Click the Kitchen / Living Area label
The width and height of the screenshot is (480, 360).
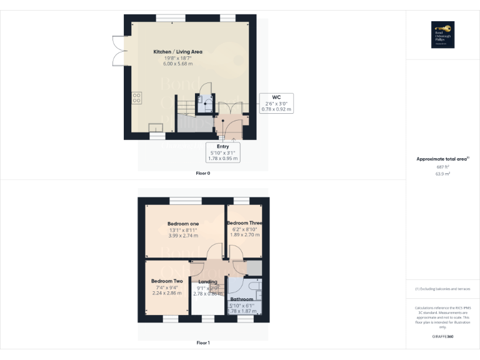coord(178,51)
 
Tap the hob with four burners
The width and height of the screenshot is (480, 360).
coord(136,97)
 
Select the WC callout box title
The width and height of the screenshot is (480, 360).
coord(276,97)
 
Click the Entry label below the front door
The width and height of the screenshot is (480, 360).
coord(223,146)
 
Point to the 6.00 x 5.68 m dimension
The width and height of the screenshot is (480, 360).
coord(178,64)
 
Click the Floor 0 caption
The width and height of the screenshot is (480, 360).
coord(203,173)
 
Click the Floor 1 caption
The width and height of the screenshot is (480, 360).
coord(203,342)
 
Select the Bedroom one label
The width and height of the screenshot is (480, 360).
coord(182,224)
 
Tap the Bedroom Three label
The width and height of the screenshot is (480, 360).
coord(244,223)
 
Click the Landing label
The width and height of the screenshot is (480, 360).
coord(207,282)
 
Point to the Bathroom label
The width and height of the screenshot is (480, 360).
coord(241,299)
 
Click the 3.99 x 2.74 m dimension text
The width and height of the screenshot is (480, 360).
coord(182,236)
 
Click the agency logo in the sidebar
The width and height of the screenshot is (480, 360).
coord(442,35)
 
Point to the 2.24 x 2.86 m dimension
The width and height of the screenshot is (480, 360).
coord(166,293)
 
